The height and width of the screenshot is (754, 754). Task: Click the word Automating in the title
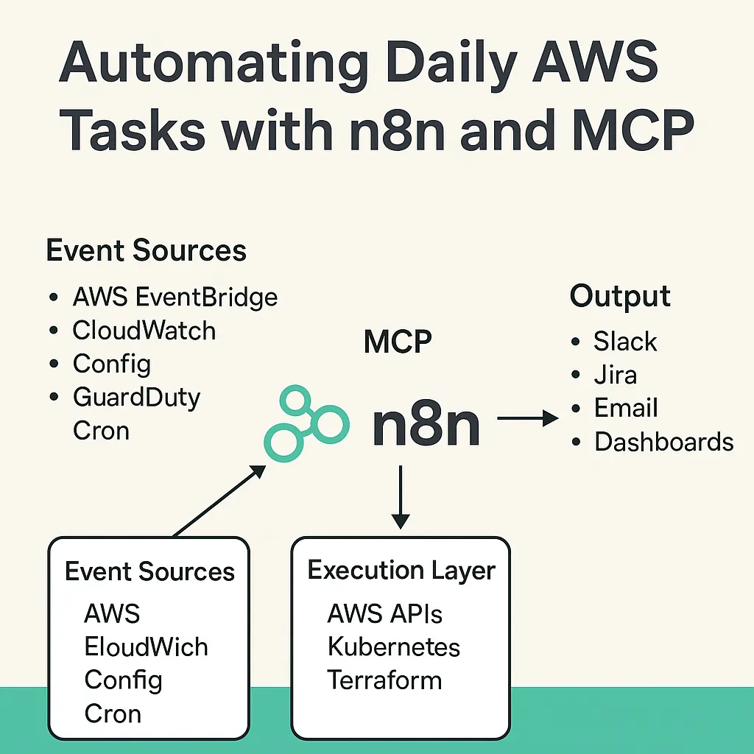[x=213, y=65]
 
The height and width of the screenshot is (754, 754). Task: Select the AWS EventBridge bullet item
[x=175, y=297]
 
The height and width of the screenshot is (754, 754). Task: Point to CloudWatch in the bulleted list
[x=144, y=331]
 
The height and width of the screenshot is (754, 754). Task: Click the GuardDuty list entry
[x=137, y=397]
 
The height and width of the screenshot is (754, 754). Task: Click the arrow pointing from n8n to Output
[x=527, y=419]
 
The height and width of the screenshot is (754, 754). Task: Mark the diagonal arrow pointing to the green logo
[x=219, y=501]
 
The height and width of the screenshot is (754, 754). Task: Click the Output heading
[x=620, y=296]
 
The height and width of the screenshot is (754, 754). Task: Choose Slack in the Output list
[x=625, y=342]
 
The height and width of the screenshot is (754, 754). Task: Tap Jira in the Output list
[x=616, y=375]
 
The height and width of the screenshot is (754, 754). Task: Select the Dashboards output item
[x=663, y=442]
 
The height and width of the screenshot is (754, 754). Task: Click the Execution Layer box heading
[x=401, y=571]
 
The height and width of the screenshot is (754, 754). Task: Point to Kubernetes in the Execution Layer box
[x=393, y=646]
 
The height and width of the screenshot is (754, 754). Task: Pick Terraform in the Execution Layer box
[x=384, y=680]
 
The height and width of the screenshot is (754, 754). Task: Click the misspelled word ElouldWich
[x=147, y=646]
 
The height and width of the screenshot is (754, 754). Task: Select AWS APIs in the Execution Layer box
[x=385, y=613]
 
